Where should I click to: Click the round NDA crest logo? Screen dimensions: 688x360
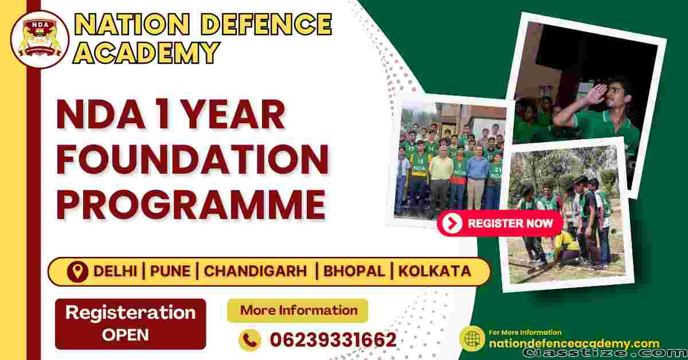[40, 40]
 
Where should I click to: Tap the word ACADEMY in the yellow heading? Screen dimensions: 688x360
[147, 52]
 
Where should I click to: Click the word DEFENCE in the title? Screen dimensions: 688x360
[267, 24]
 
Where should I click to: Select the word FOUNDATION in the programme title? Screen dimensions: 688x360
[193, 160]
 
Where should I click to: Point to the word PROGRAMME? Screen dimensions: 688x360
[191, 204]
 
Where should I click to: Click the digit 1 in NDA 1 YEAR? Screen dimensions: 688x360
[164, 115]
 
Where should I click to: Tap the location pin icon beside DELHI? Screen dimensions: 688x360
[77, 272]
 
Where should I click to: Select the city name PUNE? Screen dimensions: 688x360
[170, 271]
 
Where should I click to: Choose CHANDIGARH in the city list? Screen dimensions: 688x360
[256, 271]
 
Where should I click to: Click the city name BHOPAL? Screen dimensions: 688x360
[354, 271]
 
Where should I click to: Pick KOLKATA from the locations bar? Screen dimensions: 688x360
[435, 271]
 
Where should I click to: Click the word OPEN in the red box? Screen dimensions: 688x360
[126, 335]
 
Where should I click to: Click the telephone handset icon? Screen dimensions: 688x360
[250, 340]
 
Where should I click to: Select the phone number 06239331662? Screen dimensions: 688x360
[333, 340]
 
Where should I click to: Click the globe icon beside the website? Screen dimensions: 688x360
[472, 338]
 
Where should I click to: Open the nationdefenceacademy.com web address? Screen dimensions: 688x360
[574, 343]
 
